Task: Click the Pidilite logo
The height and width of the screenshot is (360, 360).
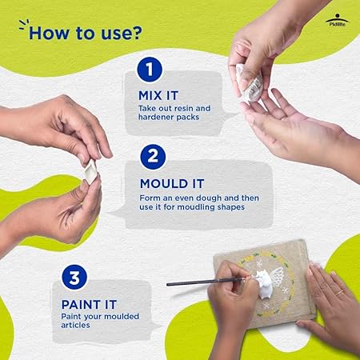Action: [x=337, y=21]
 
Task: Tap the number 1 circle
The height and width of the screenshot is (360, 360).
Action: [x=150, y=70]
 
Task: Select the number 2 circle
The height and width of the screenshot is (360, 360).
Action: [x=153, y=157]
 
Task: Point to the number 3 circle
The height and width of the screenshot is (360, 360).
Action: [x=74, y=277]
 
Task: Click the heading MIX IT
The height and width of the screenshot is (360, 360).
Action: [x=158, y=96]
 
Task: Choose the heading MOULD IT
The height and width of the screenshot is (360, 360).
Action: [x=172, y=184]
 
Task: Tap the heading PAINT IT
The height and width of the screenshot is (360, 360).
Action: [x=89, y=305]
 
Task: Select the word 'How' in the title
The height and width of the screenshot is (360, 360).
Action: [x=48, y=33]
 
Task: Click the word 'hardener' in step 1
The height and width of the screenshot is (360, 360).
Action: [x=154, y=117]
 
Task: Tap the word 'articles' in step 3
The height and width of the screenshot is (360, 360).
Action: [x=75, y=325]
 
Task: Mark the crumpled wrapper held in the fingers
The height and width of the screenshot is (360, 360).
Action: [x=250, y=82]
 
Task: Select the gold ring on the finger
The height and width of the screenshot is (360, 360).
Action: [x=339, y=293]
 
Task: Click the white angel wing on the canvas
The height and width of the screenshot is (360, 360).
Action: [x=277, y=278]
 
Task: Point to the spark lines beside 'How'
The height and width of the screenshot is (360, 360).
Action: [x=24, y=23]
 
